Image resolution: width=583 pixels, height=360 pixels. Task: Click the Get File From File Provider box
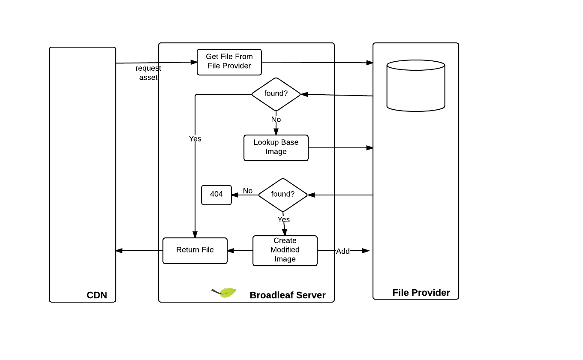[x=229, y=62]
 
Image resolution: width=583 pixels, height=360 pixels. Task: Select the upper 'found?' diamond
[x=276, y=94]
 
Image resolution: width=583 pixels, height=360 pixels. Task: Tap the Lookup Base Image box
[x=276, y=148]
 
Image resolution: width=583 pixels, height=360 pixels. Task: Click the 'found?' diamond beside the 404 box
[x=283, y=195]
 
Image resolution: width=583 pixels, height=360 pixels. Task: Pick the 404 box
[x=216, y=195]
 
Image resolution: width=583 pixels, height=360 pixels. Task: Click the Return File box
[x=195, y=251]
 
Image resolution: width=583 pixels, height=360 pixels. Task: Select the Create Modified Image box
[x=285, y=251]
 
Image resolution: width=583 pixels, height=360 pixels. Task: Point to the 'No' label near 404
[x=248, y=191]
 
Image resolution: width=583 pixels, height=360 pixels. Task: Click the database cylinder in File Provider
[x=416, y=86]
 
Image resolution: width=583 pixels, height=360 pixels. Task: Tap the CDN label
[x=97, y=295]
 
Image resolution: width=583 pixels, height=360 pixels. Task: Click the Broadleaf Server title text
[x=288, y=295]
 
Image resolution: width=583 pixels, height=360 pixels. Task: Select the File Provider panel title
[x=421, y=293]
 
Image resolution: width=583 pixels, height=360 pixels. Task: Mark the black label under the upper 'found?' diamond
[x=276, y=119]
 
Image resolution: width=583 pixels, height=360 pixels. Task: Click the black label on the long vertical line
[x=195, y=138]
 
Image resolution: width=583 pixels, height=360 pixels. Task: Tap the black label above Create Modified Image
[x=283, y=219]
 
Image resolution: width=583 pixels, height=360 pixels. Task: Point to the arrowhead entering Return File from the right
[x=230, y=251]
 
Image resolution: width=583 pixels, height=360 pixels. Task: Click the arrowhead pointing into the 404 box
[x=235, y=195]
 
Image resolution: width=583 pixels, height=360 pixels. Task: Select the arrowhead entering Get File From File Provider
[x=194, y=62]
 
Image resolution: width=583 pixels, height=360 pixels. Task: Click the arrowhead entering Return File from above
[x=195, y=235]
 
